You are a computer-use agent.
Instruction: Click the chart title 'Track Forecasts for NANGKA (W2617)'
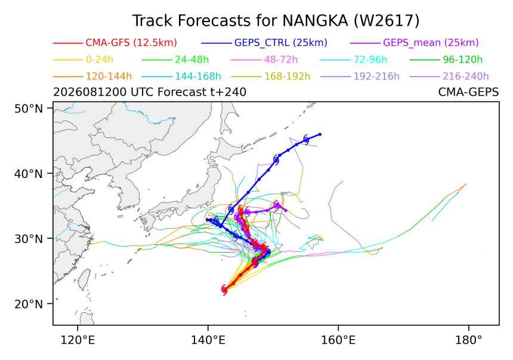coord(276,21)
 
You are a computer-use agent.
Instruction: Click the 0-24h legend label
coord(100,60)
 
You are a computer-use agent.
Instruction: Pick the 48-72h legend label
coord(281,60)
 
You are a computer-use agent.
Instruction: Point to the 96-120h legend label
coord(463,60)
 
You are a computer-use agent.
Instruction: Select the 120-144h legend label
coord(109,76)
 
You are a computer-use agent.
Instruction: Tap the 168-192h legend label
coord(288,76)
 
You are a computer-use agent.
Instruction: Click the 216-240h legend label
coord(465,76)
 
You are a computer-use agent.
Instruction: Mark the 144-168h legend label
coord(198,76)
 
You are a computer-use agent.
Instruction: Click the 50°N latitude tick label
coord(29,109)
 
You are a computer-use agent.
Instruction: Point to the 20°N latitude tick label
coord(29,304)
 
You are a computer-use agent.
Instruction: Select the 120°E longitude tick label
coord(78,340)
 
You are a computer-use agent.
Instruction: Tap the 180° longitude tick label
coord(468,340)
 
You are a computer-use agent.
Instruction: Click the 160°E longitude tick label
coord(338,340)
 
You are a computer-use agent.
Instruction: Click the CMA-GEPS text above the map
coord(468,93)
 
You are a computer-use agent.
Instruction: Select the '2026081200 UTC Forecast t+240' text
coord(150,93)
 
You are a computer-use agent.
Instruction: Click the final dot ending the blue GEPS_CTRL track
coord(320,134)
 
